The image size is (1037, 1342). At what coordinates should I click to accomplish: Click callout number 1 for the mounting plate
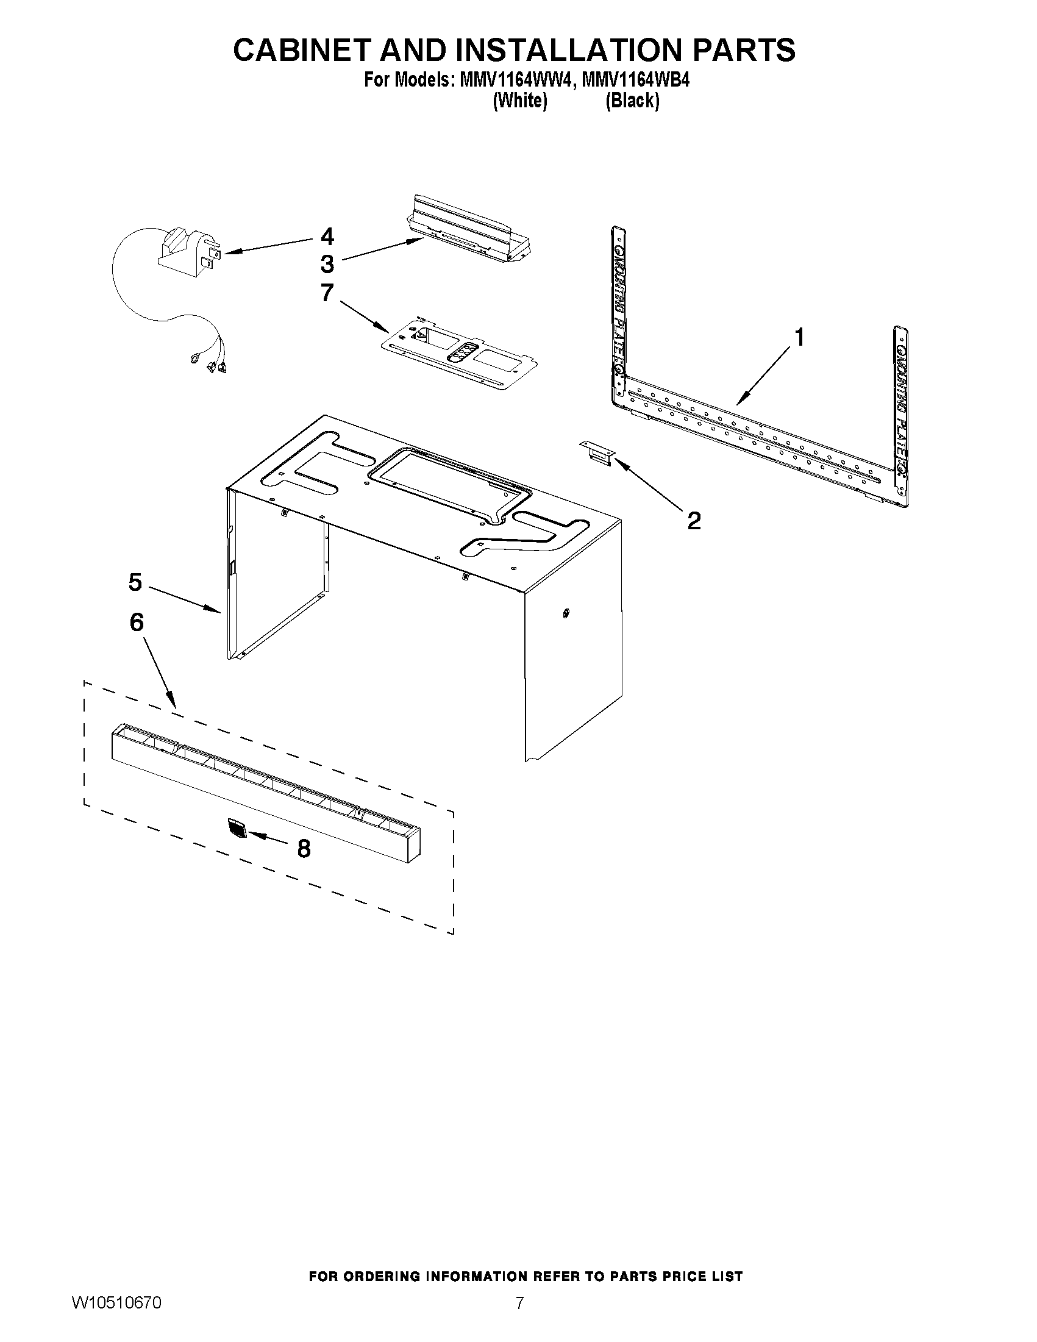pyautogui.click(x=799, y=337)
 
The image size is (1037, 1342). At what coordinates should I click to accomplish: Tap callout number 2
pyautogui.click(x=694, y=521)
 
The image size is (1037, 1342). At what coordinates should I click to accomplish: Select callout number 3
pyautogui.click(x=327, y=264)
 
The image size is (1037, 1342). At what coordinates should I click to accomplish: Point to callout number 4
pyautogui.click(x=327, y=237)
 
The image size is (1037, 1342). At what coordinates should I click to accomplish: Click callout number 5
pyautogui.click(x=135, y=582)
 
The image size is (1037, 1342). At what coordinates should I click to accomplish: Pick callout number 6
pyautogui.click(x=137, y=623)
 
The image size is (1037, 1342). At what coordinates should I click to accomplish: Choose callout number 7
pyautogui.click(x=327, y=292)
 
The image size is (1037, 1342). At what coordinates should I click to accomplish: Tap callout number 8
pyautogui.click(x=304, y=849)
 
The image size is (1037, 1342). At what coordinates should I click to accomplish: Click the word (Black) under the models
pyautogui.click(x=632, y=101)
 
